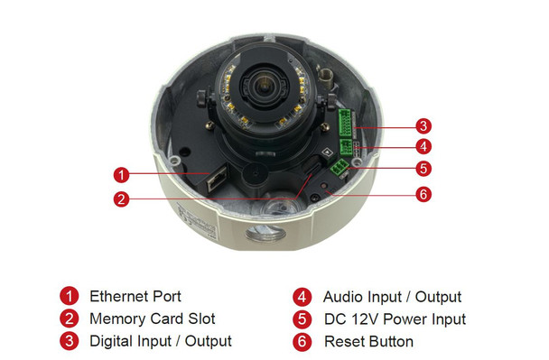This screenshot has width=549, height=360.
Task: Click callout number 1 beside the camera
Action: [122, 173]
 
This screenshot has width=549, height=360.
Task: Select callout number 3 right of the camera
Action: [423, 125]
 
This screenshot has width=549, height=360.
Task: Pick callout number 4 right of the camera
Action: [423, 146]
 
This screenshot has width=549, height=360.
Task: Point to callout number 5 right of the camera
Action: [423, 167]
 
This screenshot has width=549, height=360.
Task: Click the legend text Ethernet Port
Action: [135, 296]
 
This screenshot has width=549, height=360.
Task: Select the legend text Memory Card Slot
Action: [152, 318]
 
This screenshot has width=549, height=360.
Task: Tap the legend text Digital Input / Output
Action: [160, 341]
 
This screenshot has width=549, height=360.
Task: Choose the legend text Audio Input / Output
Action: [392, 297]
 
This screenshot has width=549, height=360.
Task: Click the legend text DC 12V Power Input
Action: [395, 319]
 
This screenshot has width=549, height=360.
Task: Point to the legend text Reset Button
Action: [368, 342]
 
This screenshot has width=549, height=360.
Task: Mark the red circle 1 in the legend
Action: [69, 296]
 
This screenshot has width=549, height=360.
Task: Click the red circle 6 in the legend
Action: [303, 342]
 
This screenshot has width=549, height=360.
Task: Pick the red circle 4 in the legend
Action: [303, 297]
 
